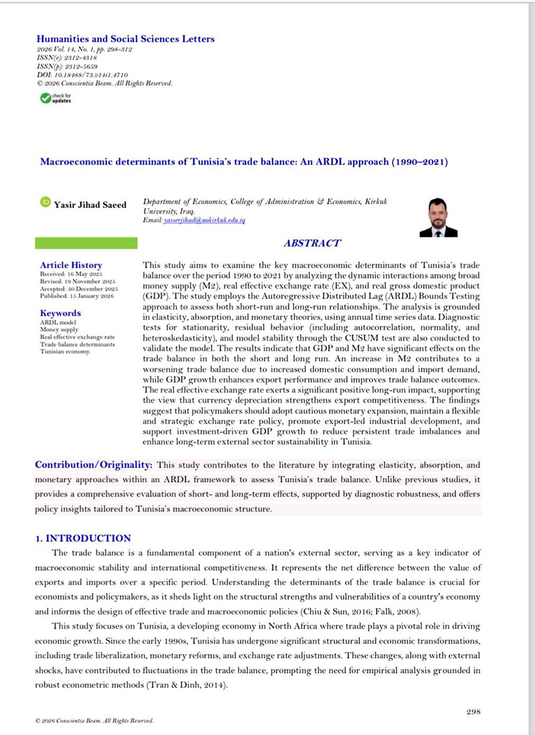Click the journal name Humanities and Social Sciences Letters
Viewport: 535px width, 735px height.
click(x=125, y=39)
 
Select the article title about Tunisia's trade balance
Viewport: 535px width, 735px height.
click(x=244, y=162)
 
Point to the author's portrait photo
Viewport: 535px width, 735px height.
click(x=438, y=218)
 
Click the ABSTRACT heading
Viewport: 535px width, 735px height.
click(x=312, y=244)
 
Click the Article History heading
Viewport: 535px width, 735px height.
click(x=71, y=265)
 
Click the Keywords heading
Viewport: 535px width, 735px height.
click(x=61, y=313)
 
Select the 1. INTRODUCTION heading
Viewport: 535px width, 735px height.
click(x=83, y=538)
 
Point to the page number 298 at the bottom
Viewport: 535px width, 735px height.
click(x=473, y=712)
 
